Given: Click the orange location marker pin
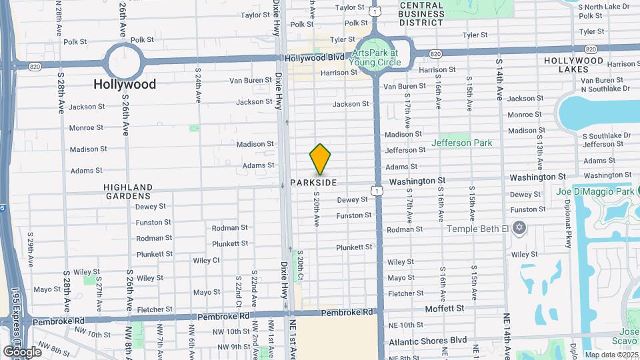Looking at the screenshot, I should click(320, 159).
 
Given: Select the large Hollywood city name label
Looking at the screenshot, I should click(125, 85).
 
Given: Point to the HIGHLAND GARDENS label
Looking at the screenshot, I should click(127, 191).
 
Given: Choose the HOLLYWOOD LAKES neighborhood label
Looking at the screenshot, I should click(573, 65).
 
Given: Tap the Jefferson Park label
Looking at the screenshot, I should click(461, 143).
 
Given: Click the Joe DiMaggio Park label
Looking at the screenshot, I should click(595, 192).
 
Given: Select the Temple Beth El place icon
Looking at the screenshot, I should click(519, 229).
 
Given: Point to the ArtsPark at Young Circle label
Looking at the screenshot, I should click(376, 57).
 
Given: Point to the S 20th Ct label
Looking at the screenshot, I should click(301, 265).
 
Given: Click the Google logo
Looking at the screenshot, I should click(22, 351).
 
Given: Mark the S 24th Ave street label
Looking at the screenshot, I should click(198, 85).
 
